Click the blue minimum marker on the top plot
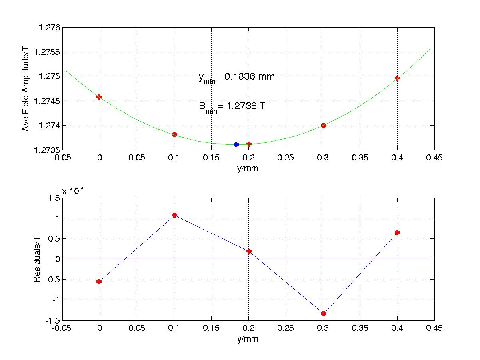(236, 144)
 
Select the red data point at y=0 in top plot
(99, 97)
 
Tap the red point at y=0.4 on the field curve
(397, 78)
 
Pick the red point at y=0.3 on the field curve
(324, 126)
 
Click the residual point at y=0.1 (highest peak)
(174, 215)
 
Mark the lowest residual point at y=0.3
(324, 314)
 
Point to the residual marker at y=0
(99, 282)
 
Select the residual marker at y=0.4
(397, 232)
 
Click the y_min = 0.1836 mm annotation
(236, 77)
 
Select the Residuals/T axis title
(37, 259)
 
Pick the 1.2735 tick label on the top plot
(46, 150)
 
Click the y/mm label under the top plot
(248, 168)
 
